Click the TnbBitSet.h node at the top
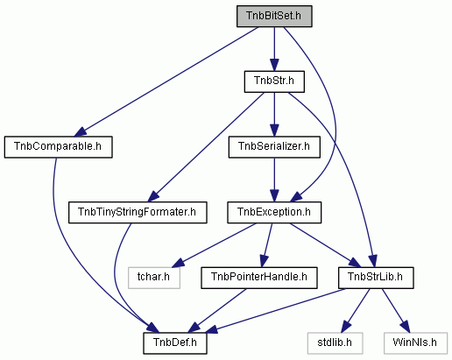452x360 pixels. click(x=274, y=16)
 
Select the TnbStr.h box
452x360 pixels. click(x=274, y=81)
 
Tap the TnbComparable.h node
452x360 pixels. click(x=58, y=147)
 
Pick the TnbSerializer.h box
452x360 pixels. click(x=274, y=147)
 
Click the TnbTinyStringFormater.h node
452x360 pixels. click(x=138, y=212)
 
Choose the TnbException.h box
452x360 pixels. click(x=274, y=212)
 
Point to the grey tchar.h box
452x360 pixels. click(x=154, y=278)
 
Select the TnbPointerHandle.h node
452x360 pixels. click(x=259, y=278)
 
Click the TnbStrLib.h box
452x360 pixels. click(x=376, y=278)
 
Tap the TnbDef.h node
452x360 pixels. click(x=175, y=343)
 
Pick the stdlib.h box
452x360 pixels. click(x=335, y=343)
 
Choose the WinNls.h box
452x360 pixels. click(x=415, y=343)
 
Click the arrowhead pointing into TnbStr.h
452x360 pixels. click(x=274, y=65)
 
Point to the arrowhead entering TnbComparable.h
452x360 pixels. click(x=81, y=131)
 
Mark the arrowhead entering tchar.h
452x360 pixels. click(x=178, y=263)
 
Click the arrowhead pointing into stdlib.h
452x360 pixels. click(x=346, y=327)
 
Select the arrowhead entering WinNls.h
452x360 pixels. click(x=406, y=327)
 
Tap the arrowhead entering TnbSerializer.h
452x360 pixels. click(x=274, y=131)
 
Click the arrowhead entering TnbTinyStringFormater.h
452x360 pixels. click(x=153, y=196)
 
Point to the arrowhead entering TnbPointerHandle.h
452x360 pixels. click(x=264, y=261)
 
